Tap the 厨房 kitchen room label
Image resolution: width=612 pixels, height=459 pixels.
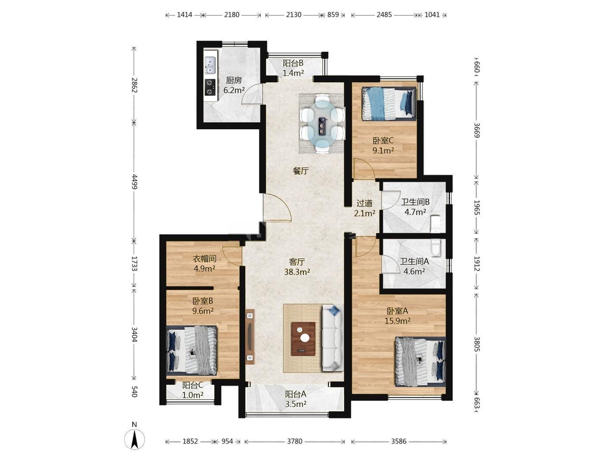point(234,81)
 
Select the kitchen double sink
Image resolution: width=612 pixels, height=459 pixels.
point(209,66)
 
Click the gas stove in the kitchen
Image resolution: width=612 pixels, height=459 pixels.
point(210,87)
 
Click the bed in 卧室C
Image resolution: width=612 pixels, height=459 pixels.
point(389,104)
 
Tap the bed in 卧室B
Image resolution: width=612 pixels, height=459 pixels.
point(191,350)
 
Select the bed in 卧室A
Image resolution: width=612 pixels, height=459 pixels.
point(420,362)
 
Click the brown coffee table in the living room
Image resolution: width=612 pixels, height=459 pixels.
point(303,339)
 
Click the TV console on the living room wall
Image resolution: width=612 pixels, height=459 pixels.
point(250,337)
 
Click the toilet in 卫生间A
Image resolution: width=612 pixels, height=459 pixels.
point(435,248)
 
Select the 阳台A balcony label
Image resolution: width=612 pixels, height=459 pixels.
point(296,394)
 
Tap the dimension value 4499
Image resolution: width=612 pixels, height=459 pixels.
point(134,181)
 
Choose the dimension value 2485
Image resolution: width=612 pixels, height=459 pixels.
point(384,15)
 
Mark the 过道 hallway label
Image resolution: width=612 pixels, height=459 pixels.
point(365,203)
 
